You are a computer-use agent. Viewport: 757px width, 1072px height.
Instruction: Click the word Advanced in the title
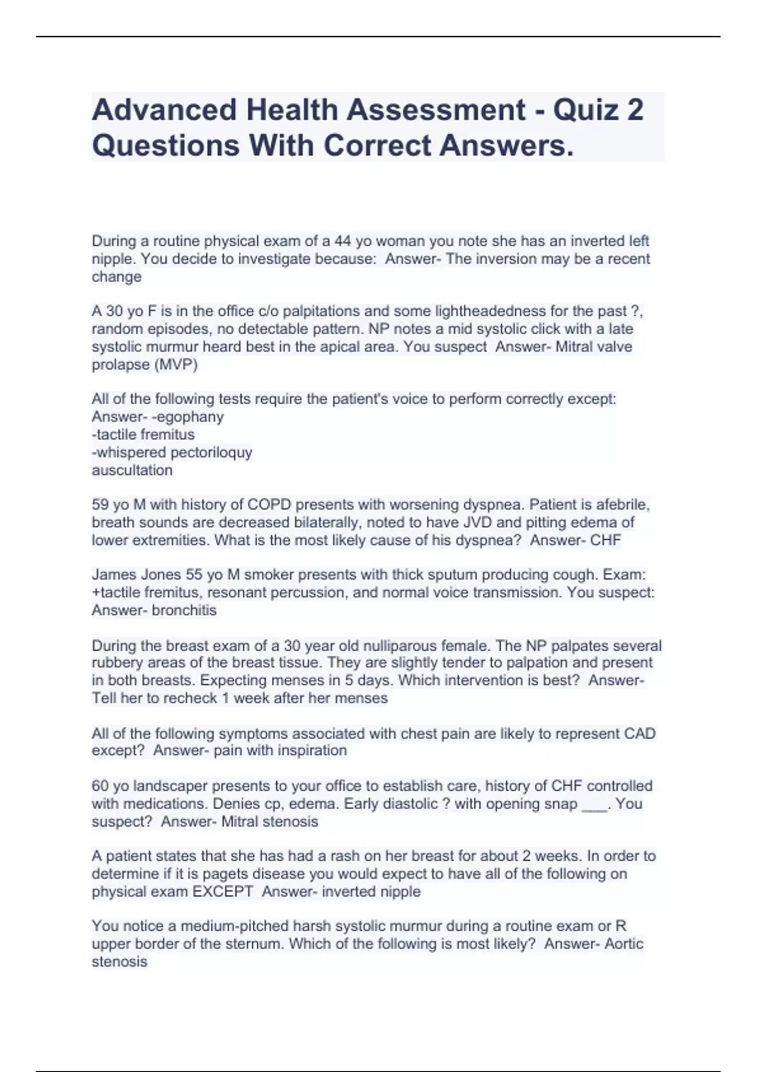[163, 110]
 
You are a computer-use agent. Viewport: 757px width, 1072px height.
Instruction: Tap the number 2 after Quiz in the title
[634, 110]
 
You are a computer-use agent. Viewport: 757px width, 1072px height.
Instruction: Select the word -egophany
[190, 417]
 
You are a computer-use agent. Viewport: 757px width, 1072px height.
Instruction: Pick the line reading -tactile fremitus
[143, 434]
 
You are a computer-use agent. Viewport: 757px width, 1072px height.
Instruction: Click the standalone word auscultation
[132, 470]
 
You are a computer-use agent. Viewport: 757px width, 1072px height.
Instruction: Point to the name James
[113, 575]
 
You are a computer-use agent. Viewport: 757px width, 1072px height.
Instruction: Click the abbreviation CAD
[640, 733]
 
